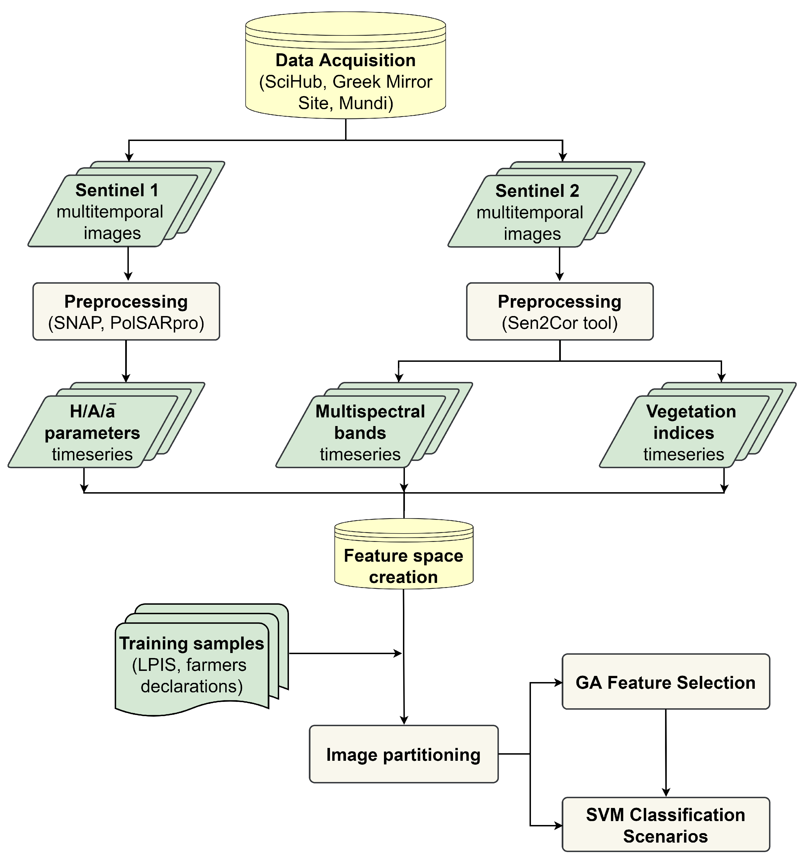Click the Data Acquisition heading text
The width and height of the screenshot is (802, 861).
click(x=345, y=60)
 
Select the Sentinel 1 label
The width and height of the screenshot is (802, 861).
click(x=117, y=190)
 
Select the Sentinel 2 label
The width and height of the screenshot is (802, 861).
click(x=537, y=191)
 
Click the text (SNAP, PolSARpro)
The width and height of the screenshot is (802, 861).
click(x=126, y=323)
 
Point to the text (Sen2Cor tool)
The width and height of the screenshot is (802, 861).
click(x=559, y=323)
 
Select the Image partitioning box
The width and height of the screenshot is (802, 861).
click(x=403, y=754)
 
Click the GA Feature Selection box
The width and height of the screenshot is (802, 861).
click(x=665, y=683)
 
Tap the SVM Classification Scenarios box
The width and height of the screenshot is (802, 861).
click(x=665, y=826)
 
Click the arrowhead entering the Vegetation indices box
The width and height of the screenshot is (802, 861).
click(x=721, y=378)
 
